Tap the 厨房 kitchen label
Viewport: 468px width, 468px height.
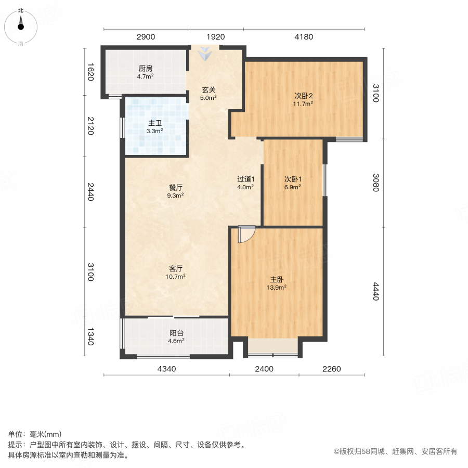145,69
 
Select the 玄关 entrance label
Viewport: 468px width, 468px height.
209,89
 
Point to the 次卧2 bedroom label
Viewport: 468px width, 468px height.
303,96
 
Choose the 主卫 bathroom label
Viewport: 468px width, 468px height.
155,123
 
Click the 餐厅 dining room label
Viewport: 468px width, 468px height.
175,187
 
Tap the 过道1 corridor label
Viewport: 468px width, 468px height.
245,179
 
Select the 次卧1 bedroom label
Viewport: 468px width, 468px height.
292,179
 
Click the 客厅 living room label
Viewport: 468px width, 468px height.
175,268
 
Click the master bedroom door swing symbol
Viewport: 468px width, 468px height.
245,235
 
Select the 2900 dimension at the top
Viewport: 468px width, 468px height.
146,36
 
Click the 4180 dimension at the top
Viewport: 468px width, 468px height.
304,36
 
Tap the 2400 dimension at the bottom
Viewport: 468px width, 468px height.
264,369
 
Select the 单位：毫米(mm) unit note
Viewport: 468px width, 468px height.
34,435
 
